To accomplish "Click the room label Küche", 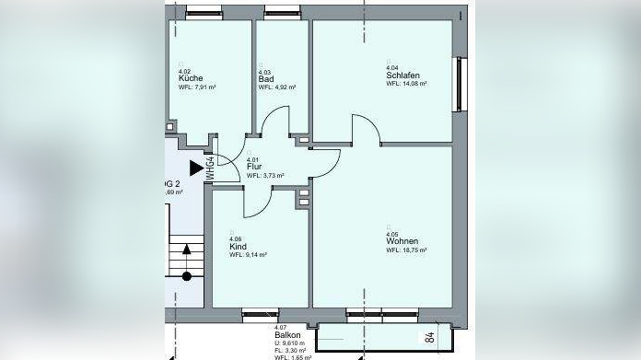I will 191,78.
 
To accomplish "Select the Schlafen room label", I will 402,75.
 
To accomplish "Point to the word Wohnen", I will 401,241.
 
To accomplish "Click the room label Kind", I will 237,246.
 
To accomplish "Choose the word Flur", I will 254,167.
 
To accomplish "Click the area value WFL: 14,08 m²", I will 407,83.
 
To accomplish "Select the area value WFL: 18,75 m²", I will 406,250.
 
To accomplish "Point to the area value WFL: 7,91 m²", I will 196,87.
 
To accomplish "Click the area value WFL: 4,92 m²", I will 276,87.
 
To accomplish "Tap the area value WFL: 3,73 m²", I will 265,175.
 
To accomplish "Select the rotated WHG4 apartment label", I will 210,168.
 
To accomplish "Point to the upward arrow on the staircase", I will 187,250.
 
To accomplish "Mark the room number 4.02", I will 184,71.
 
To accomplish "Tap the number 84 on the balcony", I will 430,337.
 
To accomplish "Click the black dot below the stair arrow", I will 187,275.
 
